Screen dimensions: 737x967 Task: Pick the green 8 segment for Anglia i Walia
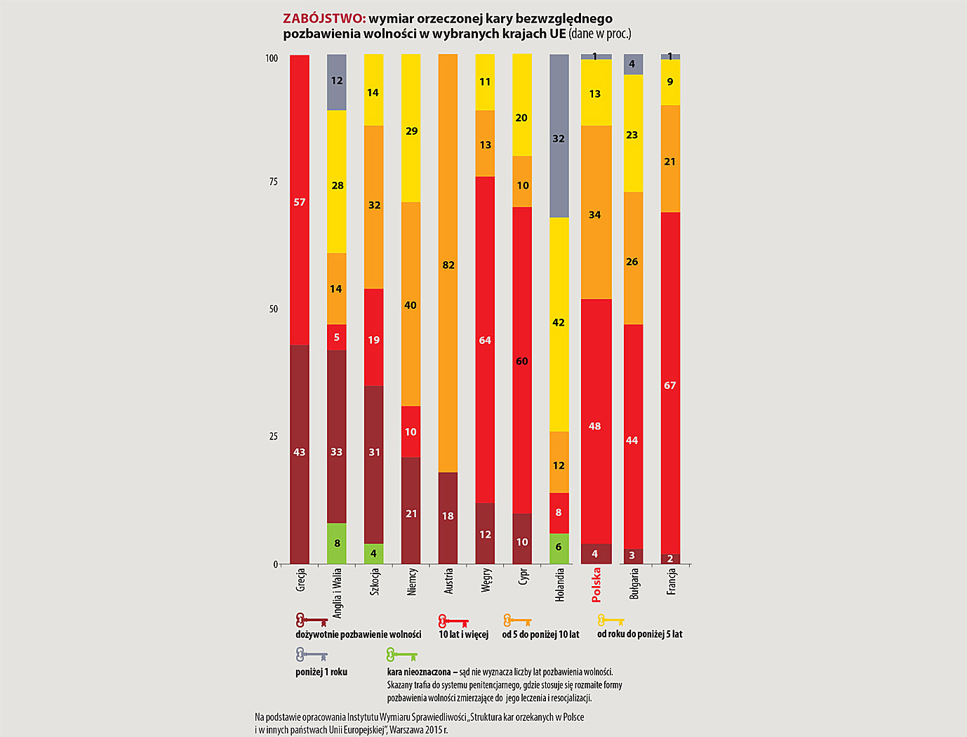pos(337,543)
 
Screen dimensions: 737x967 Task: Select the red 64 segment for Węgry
pos(485,340)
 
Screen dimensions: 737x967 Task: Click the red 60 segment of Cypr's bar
pos(522,360)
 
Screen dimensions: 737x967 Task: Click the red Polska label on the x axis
pos(596,585)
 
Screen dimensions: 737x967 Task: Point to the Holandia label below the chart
pos(559,585)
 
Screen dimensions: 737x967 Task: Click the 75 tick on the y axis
pos(273,182)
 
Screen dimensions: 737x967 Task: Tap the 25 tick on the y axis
pos(273,436)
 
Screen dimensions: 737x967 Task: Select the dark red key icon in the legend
pos(312,620)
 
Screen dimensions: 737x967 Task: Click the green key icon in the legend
pos(401,656)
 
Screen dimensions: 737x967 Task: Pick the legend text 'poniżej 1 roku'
pos(321,672)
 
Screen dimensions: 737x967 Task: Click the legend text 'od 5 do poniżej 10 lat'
pos(540,635)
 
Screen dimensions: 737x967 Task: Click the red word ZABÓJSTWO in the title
pos(324,19)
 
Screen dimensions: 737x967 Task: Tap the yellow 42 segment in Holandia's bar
pos(559,323)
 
